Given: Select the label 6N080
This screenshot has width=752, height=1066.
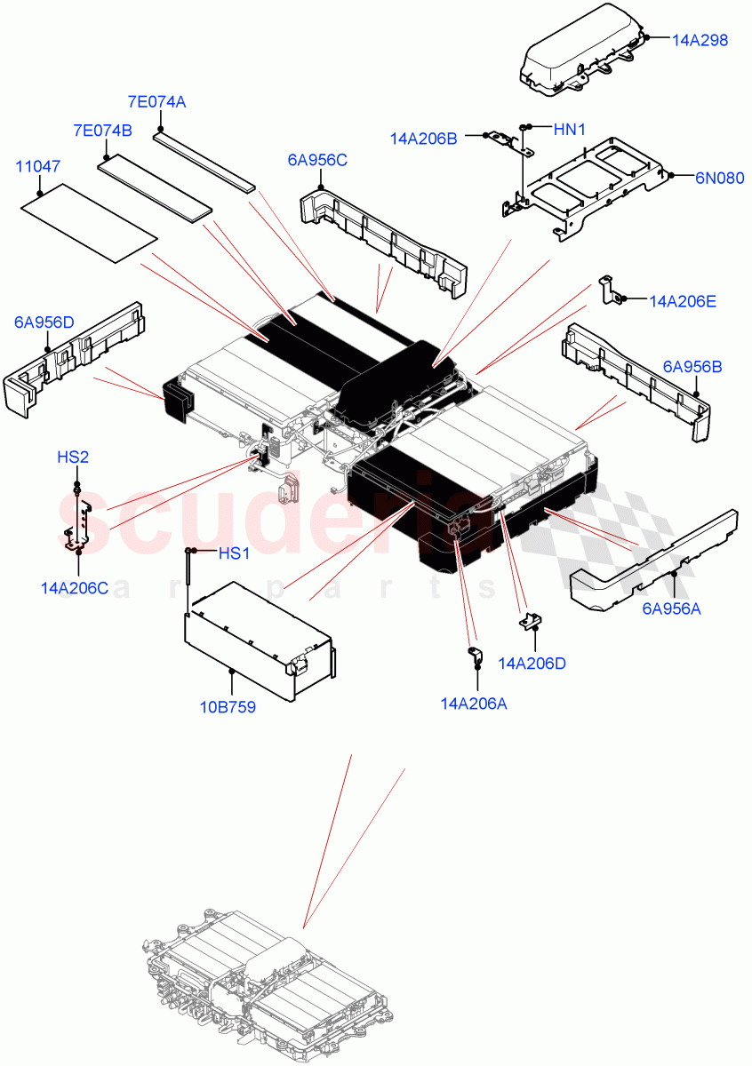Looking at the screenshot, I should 719,177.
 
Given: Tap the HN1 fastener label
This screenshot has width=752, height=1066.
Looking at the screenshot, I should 570,130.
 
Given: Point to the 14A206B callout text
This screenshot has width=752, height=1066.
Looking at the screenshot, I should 423,138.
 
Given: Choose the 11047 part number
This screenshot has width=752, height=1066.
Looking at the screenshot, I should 38,166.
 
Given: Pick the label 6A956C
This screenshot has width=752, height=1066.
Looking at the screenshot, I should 316,160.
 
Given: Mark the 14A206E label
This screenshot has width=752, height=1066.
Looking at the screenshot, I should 683,301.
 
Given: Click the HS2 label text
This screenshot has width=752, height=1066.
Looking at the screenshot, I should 73,457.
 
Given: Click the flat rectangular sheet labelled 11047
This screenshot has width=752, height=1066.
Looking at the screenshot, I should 89,222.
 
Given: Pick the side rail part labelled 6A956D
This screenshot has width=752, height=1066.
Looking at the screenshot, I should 71,355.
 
